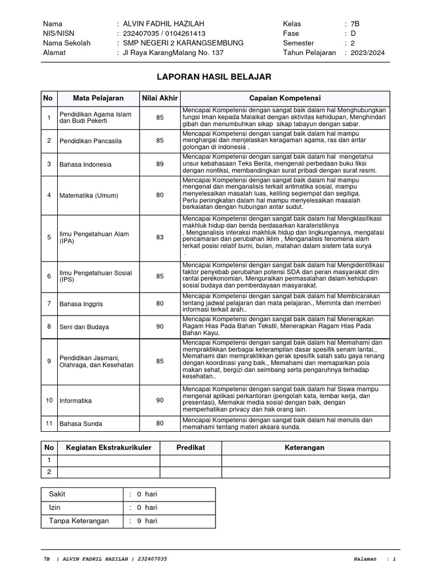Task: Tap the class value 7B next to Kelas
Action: click(355, 24)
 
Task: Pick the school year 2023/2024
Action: click(368, 53)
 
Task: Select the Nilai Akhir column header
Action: click(160, 98)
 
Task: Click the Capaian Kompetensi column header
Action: click(285, 98)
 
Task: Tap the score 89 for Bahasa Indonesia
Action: click(160, 164)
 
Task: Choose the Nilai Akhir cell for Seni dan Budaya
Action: click(160, 326)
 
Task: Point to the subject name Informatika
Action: click(76, 400)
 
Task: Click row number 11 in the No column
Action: click(49, 423)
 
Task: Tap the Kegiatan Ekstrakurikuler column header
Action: click(109, 448)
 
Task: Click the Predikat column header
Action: click(191, 448)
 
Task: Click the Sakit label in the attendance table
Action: click(57, 494)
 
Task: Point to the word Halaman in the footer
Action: click(366, 559)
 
